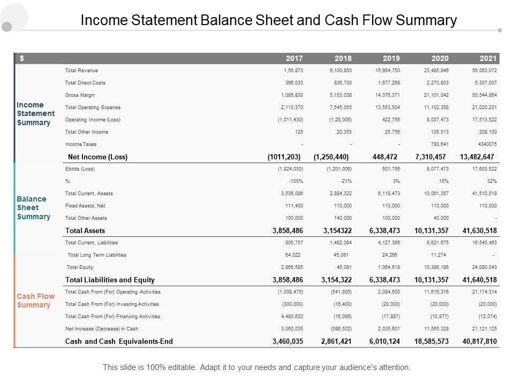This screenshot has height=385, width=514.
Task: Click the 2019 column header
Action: [391, 58]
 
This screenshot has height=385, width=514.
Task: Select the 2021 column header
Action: [488, 58]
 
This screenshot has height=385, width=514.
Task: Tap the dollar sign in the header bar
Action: [21, 58]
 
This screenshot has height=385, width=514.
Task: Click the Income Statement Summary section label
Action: [35, 114]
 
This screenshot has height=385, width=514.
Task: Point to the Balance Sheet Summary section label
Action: [33, 207]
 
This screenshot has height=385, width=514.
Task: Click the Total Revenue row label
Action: [81, 71]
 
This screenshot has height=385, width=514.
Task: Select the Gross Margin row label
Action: [80, 95]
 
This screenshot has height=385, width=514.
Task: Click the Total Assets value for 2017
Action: [288, 231]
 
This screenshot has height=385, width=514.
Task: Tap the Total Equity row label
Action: [80, 267]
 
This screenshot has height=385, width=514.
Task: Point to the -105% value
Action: [295, 181]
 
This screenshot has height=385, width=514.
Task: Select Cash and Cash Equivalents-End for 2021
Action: [479, 341]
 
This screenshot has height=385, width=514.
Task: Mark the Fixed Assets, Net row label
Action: [86, 206]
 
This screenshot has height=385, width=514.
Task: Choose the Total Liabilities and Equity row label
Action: [110, 280]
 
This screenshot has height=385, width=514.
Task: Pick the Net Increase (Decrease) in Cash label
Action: [102, 329]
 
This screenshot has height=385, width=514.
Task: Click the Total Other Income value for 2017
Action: [299, 132]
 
